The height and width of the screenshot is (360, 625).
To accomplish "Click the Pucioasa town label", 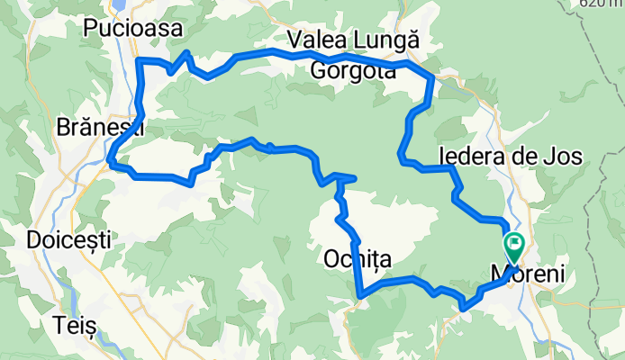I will pyautogui.click(x=132, y=30).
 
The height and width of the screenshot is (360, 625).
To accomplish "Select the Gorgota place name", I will pyautogui.click(x=354, y=71).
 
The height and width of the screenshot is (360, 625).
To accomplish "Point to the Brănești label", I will pyautogui.click(x=100, y=127).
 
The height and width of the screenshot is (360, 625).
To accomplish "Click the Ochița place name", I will pyautogui.click(x=357, y=259).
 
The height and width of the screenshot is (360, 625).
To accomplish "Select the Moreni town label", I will pyautogui.click(x=530, y=273).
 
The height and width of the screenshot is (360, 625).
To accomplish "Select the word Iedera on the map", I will pyautogui.click(x=470, y=156).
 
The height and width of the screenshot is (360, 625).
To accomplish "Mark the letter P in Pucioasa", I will pyautogui.click(x=89, y=30).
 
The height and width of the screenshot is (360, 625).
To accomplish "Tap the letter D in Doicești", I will pyautogui.click(x=34, y=240).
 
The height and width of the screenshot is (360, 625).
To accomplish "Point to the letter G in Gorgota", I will pyautogui.click(x=321, y=71).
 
